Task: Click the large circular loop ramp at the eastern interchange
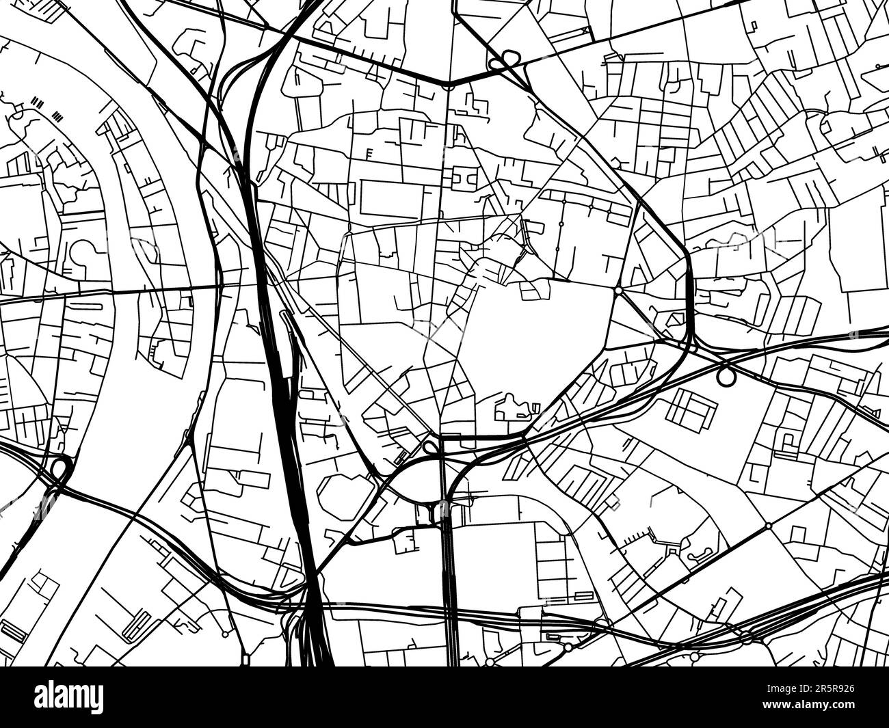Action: pyautogui.click(x=726, y=375)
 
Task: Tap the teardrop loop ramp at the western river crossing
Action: pyautogui.click(x=60, y=469)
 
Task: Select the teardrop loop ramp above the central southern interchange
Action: pyautogui.click(x=430, y=448)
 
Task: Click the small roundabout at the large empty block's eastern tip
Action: pyautogui.click(x=618, y=291)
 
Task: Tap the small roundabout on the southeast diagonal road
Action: pyautogui.click(x=768, y=526)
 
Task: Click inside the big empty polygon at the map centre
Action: pyautogui.click(x=533, y=355)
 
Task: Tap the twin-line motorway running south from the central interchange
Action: pyautogui.click(x=449, y=581)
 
